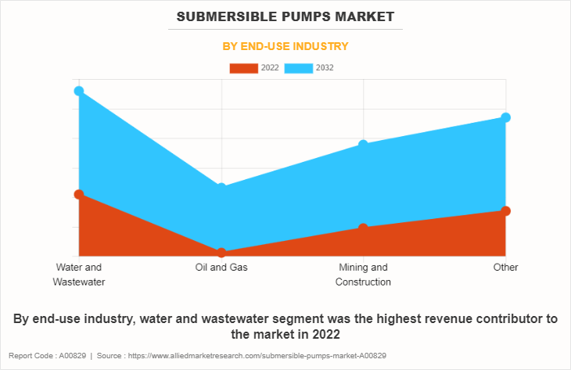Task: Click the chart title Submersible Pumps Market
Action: pos(285,16)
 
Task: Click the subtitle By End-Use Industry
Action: pos(285,46)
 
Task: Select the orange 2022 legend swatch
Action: pos(243,68)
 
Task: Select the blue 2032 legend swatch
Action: pos(298,68)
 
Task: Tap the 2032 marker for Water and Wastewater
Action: pos(79,92)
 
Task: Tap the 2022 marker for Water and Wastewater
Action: pos(79,194)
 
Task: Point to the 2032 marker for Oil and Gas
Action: pos(221,188)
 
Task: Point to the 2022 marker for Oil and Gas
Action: pos(221,253)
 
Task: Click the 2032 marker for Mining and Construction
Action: pos(363,145)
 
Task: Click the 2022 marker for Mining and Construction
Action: pos(363,228)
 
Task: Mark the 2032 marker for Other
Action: pos(505,117)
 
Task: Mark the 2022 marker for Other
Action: pos(505,210)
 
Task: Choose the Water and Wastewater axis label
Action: pos(79,275)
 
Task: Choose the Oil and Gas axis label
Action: pos(221,268)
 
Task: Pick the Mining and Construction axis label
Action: pos(363,275)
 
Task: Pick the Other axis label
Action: pos(505,268)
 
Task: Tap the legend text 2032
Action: pos(325,68)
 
